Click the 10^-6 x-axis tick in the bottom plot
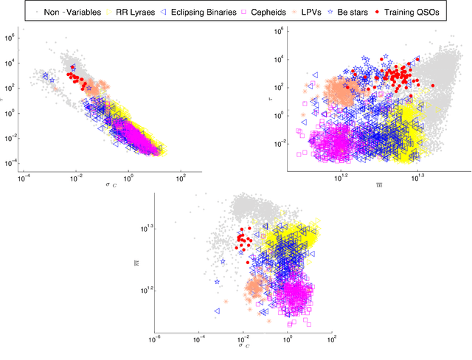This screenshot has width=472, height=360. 154,339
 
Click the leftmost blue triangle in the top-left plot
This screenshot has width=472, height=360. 44,77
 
